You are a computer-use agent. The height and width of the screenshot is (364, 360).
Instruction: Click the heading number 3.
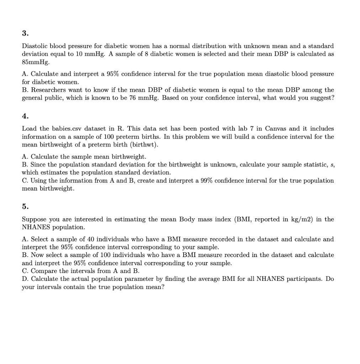pyautogui.click(x=25, y=33)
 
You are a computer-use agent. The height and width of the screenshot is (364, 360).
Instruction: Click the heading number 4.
pyautogui.click(x=25, y=116)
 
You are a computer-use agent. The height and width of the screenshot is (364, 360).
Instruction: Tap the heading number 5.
pyautogui.click(x=25, y=206)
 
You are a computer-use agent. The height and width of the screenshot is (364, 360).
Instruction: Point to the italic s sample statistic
pyautogui.click(x=333, y=165)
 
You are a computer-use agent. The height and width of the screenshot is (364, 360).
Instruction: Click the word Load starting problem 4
pyautogui.click(x=29, y=128)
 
